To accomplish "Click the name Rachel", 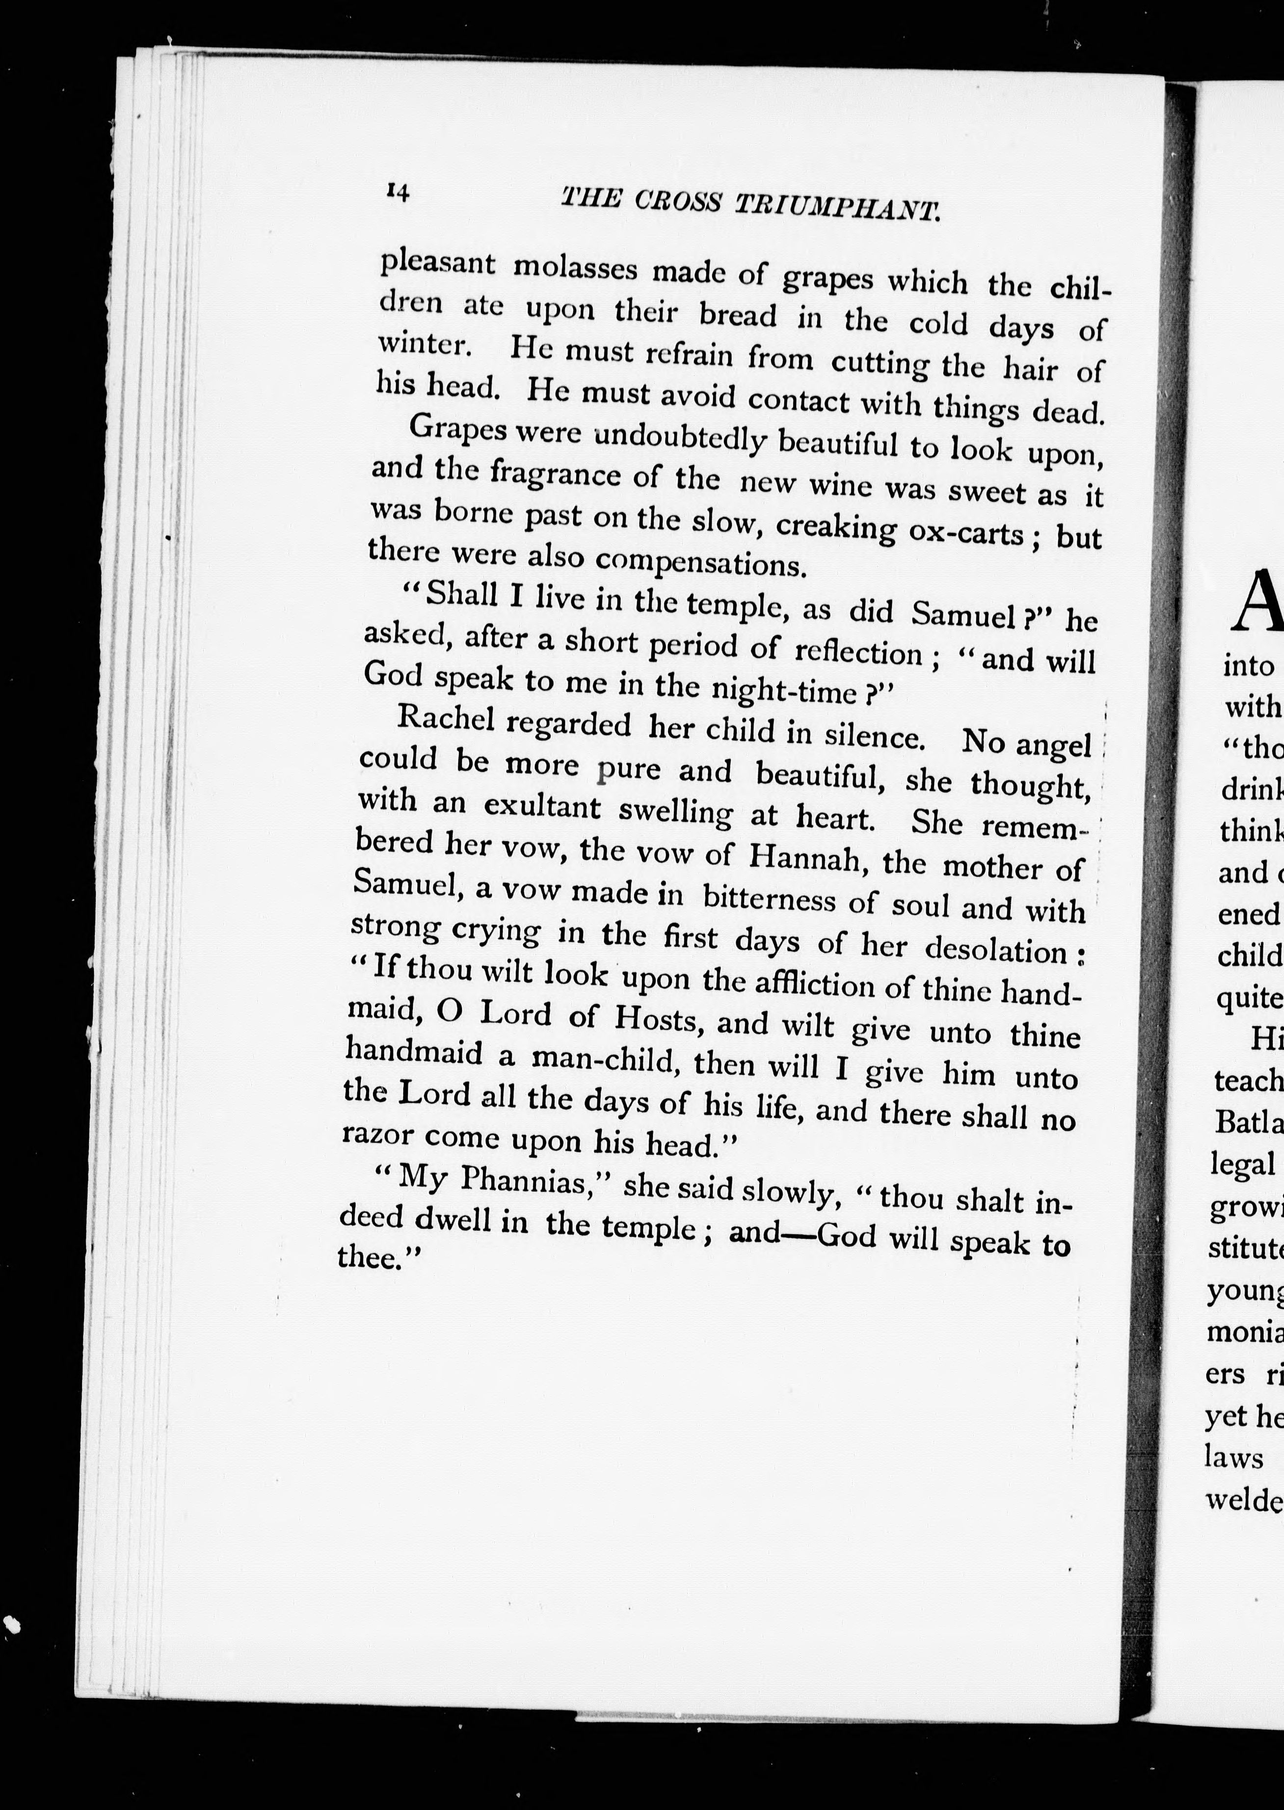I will pyautogui.click(x=446, y=720).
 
